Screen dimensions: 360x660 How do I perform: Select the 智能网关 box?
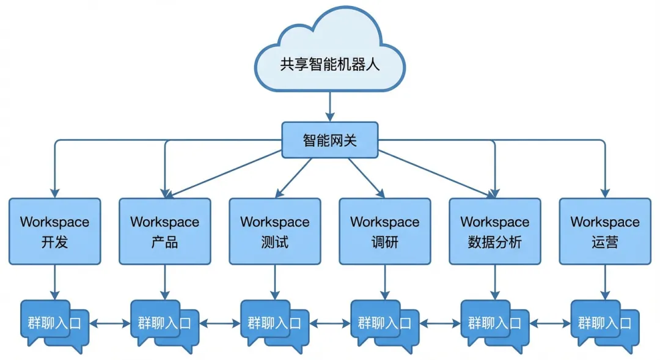[330, 139]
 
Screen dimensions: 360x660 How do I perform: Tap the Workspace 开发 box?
[55, 231]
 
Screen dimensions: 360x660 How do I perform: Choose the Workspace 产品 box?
[165, 231]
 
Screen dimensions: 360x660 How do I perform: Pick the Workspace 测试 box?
[275, 231]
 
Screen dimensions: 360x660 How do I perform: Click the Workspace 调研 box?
[385, 231]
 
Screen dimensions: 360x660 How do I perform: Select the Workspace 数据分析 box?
[495, 231]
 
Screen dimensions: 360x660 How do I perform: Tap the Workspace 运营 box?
[605, 231]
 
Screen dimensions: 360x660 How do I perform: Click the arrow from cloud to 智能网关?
[330, 106]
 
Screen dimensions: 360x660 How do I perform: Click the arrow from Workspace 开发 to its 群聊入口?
[55, 281]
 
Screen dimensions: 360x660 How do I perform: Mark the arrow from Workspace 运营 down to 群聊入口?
[605, 281]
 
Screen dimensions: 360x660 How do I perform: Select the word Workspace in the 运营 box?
[605, 222]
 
